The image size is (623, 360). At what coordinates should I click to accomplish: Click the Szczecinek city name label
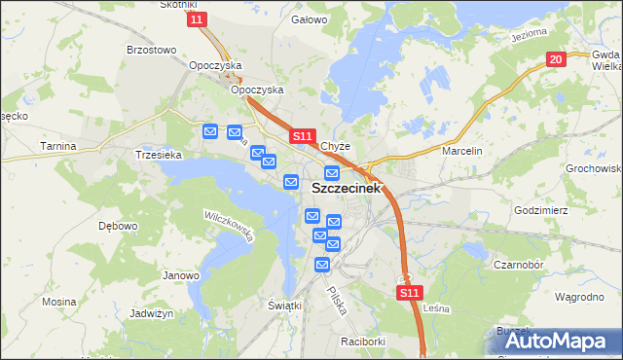[347, 189]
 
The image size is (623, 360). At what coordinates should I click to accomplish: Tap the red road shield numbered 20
[555, 60]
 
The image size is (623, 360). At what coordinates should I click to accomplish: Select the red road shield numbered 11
[198, 19]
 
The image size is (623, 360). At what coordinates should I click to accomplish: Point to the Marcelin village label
[462, 152]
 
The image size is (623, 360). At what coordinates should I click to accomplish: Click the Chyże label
[336, 147]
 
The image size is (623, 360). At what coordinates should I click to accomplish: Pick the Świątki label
[285, 305]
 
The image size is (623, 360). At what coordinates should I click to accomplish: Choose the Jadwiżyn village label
[151, 314]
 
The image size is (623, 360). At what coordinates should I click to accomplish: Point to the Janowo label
[180, 275]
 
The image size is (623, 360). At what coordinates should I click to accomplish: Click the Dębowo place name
[118, 225]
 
